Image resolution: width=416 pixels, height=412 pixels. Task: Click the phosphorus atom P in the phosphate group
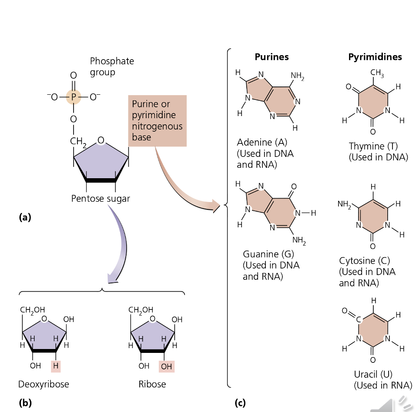coord(74,97)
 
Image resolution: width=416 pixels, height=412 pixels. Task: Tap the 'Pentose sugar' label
coord(101,199)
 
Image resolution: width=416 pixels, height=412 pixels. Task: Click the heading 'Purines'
coord(272,57)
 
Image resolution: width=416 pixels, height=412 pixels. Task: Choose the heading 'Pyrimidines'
coord(375,57)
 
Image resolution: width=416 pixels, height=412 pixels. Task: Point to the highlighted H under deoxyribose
coord(55,366)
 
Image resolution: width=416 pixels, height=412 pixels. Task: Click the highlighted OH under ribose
coord(166,366)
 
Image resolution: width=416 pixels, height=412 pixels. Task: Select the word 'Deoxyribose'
coord(44,384)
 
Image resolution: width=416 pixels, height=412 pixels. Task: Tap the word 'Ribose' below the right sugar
coord(152,384)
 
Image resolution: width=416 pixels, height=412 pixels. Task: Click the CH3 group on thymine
coord(377,74)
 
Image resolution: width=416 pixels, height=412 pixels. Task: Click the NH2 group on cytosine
coord(344,205)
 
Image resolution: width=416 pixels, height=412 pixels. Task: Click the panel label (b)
coord(25,403)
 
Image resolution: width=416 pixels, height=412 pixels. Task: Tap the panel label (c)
coord(240,403)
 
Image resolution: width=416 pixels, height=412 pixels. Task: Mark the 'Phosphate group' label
coord(112,66)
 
